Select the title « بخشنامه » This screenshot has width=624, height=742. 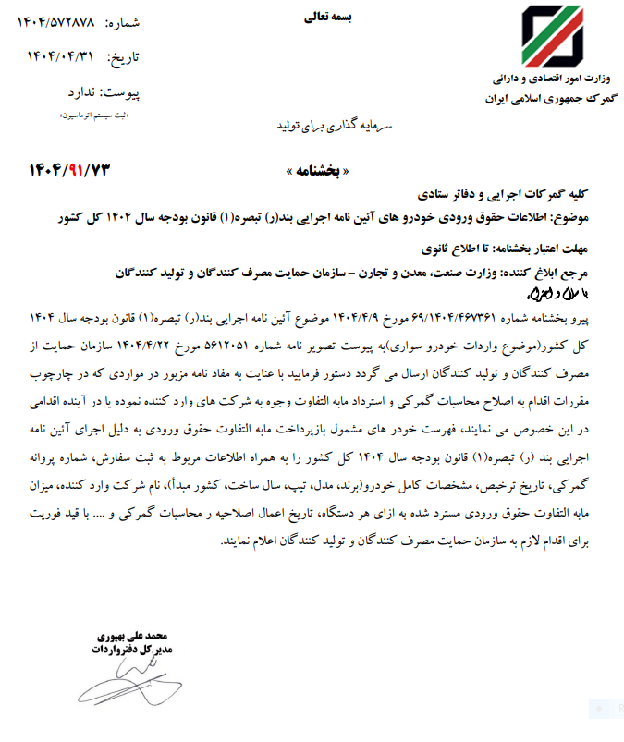tap(320, 173)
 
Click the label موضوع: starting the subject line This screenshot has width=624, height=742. tap(582, 219)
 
